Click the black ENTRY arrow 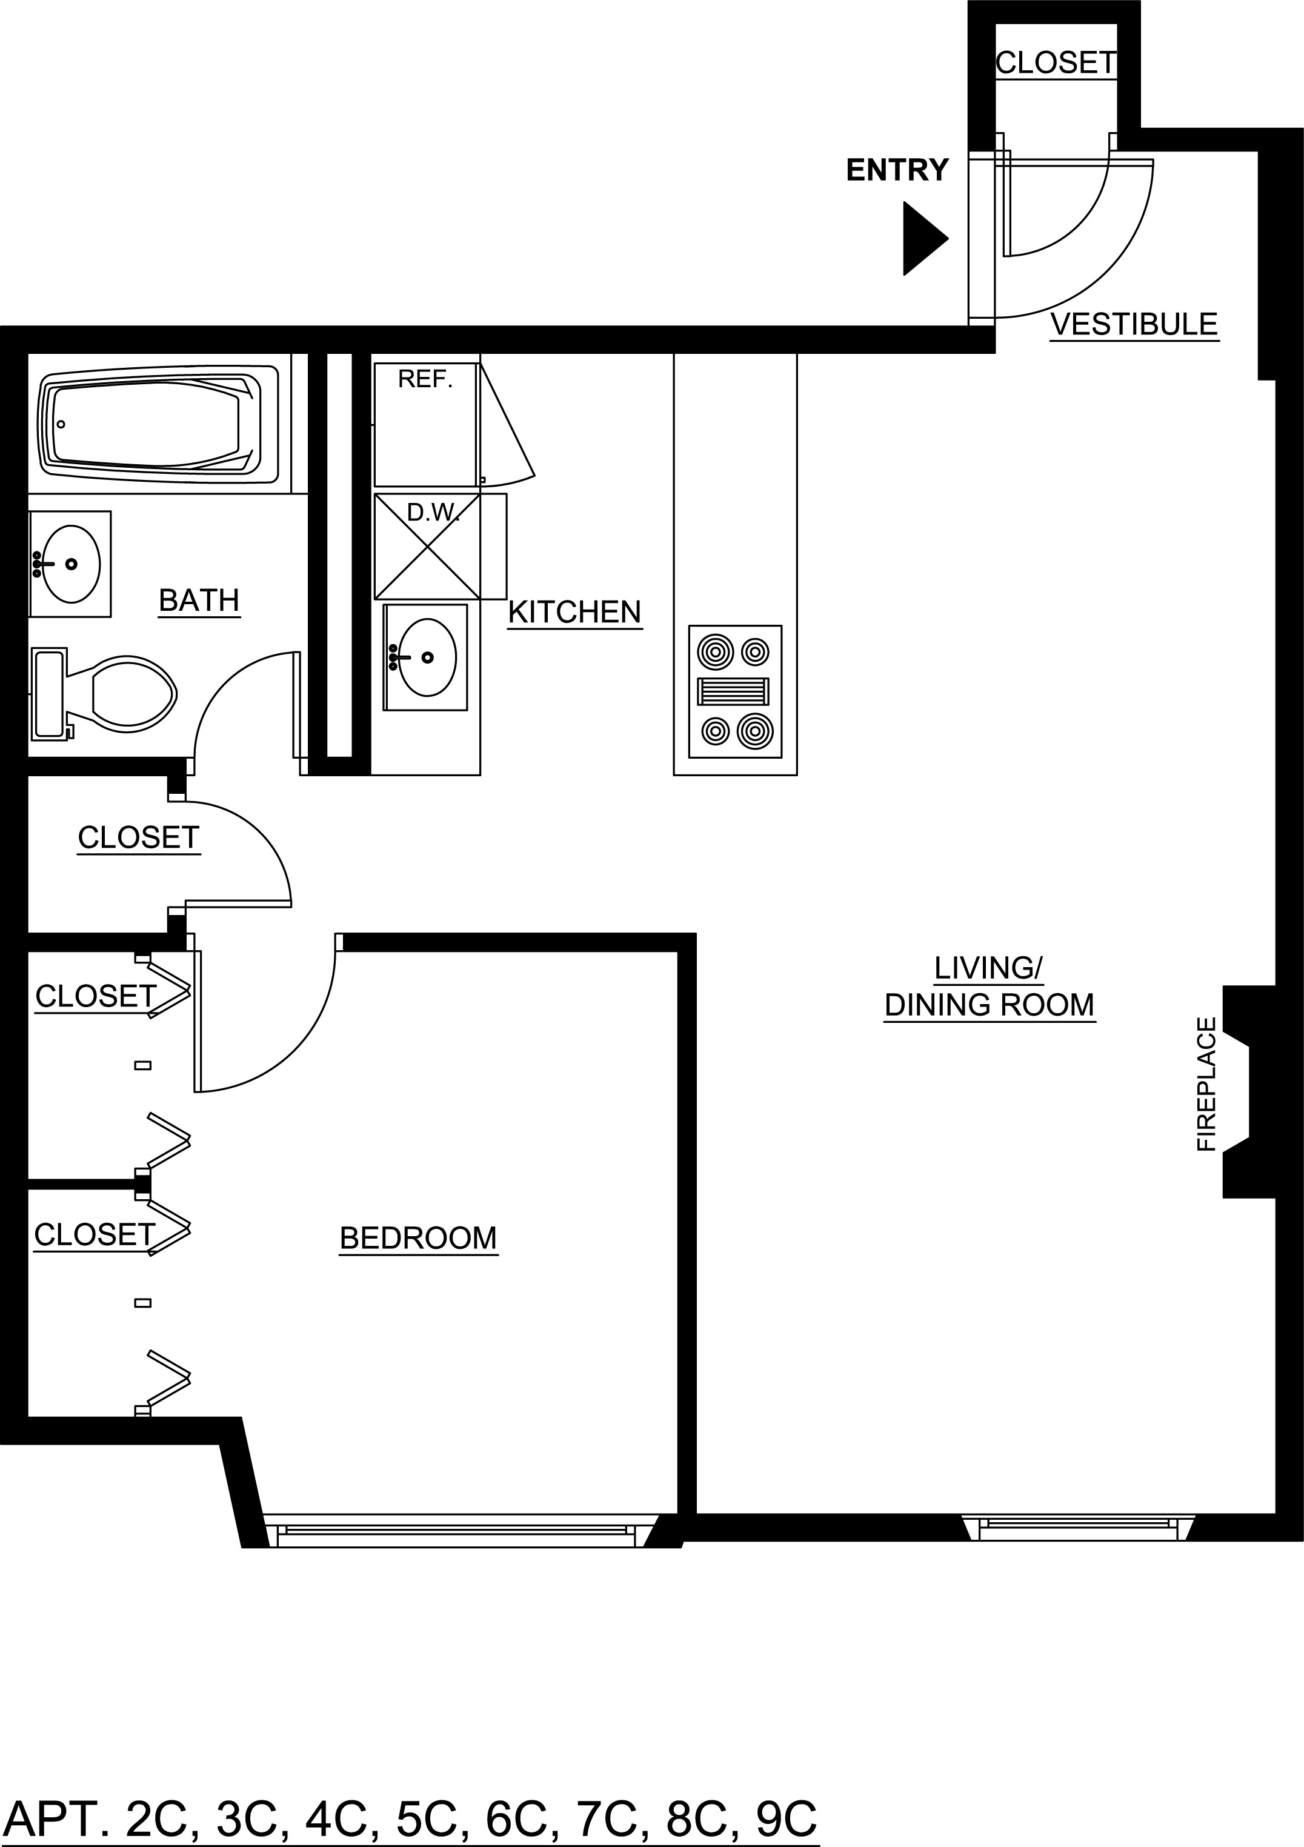tap(923, 238)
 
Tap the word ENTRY tap(897, 170)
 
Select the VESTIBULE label tap(1134, 324)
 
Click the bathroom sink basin tap(71, 564)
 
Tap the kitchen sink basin tap(427, 657)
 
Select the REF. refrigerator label tap(425, 380)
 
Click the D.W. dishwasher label tap(433, 513)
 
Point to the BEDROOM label tap(418, 1237)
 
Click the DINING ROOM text tap(990, 1005)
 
